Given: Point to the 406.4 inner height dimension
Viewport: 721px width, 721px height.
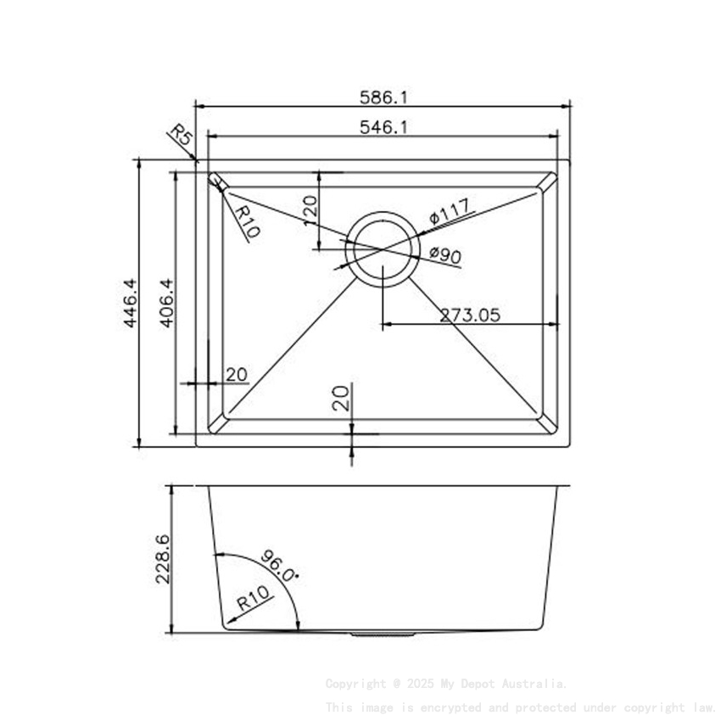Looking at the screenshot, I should [166, 303].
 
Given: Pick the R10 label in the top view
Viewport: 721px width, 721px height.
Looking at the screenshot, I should [248, 221].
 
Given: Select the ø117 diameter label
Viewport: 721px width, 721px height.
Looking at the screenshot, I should [450, 211].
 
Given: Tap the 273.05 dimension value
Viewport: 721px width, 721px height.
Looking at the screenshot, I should [470, 315].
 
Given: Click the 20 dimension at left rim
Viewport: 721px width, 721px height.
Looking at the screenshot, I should [237, 374].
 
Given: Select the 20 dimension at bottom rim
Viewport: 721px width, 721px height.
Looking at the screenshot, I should [341, 398].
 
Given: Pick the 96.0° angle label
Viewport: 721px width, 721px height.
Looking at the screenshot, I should [281, 565].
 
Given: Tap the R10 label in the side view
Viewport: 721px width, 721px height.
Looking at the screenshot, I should [254, 601].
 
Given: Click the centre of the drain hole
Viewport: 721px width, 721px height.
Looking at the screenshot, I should [383, 249].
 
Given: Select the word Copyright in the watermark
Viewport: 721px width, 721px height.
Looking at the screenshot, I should [355, 684].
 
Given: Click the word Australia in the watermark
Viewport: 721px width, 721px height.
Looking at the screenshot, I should [535, 684].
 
